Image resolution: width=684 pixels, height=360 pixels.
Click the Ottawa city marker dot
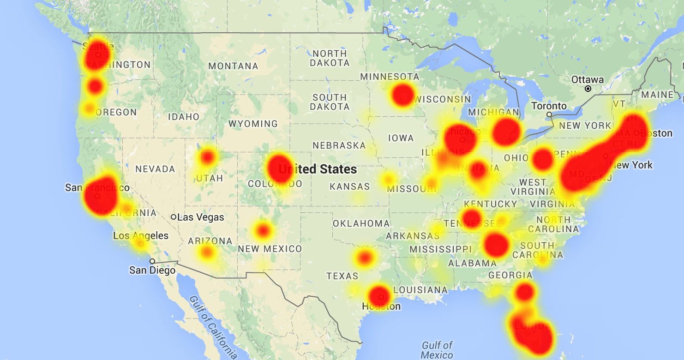coord(588,88)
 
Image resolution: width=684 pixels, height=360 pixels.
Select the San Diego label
coord(152,270)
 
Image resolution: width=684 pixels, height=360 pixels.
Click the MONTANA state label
coord(233,66)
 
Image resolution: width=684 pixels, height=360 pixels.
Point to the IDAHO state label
coord(183,117)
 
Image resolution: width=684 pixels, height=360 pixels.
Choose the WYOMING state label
coord(253,124)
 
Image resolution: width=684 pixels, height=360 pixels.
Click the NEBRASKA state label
coord(339,145)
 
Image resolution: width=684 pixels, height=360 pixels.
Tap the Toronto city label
coord(549,106)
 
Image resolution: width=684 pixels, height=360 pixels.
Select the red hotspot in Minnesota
coord(402,94)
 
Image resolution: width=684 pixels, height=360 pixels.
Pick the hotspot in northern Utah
coord(208,158)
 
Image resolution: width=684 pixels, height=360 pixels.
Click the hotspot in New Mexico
coord(263,229)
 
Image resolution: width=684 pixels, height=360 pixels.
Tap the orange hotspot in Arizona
coord(207,252)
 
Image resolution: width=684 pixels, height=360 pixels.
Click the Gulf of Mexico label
coord(437,350)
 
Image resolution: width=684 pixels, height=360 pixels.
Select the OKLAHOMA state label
coord(361,223)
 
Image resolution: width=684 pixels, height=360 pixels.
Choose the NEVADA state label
coord(155,169)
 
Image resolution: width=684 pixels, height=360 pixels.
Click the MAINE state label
coord(657,95)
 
